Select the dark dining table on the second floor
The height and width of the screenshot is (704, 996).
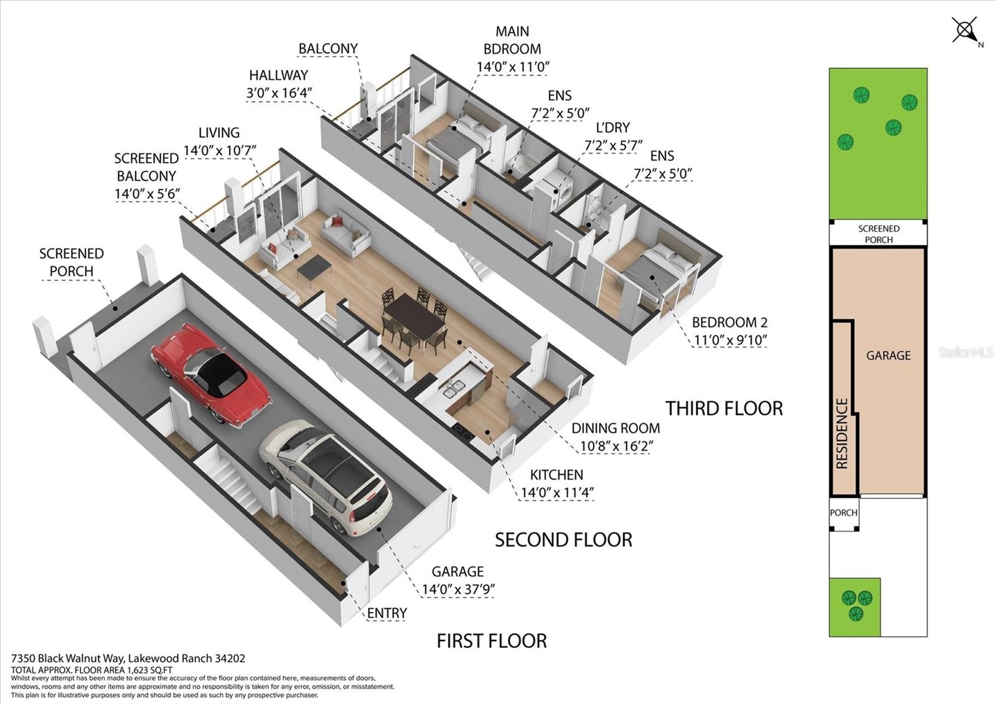point(415,315)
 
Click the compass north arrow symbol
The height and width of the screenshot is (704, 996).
point(965,31)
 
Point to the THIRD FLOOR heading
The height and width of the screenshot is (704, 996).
point(724,409)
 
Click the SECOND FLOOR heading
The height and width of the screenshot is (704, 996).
point(563,540)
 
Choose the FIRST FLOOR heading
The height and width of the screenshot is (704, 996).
point(492,641)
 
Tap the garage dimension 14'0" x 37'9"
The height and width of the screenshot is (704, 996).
point(458,589)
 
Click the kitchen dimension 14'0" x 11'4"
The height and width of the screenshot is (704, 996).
point(558,493)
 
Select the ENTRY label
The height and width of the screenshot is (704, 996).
point(387,613)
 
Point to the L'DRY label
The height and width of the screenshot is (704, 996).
point(613,128)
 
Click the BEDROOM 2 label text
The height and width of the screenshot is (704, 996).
point(730,322)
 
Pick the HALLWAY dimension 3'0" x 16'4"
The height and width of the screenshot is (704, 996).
point(280,93)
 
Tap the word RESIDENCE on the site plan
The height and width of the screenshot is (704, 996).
point(842,434)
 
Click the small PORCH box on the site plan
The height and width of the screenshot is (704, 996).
point(843,513)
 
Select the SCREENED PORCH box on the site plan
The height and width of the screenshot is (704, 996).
point(878,234)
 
